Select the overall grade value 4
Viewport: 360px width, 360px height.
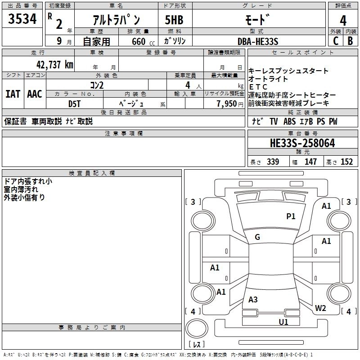pyautogui.click(x=343, y=20)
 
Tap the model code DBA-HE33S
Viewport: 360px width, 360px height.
pyautogui.click(x=258, y=41)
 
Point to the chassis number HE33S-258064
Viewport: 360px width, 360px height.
pyautogui.click(x=302, y=144)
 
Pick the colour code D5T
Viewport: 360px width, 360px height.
pyautogui.click(x=75, y=103)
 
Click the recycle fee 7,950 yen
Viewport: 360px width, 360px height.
pyautogui.click(x=227, y=103)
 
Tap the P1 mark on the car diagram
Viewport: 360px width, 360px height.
pyautogui.click(x=291, y=216)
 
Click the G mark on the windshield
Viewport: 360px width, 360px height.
pyautogui.click(x=257, y=237)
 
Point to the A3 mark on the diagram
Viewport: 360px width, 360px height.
pyautogui.click(x=253, y=300)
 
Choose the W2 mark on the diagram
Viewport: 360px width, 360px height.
pyautogui.click(x=320, y=308)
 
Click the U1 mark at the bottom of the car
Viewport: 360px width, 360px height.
pyautogui.click(x=283, y=322)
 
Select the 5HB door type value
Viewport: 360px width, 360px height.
pyautogui.click(x=174, y=20)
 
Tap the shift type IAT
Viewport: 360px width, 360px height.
pyautogui.click(x=13, y=94)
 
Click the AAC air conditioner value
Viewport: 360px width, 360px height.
pyautogui.click(x=34, y=94)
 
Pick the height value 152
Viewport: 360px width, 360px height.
pyautogui.click(x=346, y=162)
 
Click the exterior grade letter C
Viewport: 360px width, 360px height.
pyautogui.click(x=335, y=40)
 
